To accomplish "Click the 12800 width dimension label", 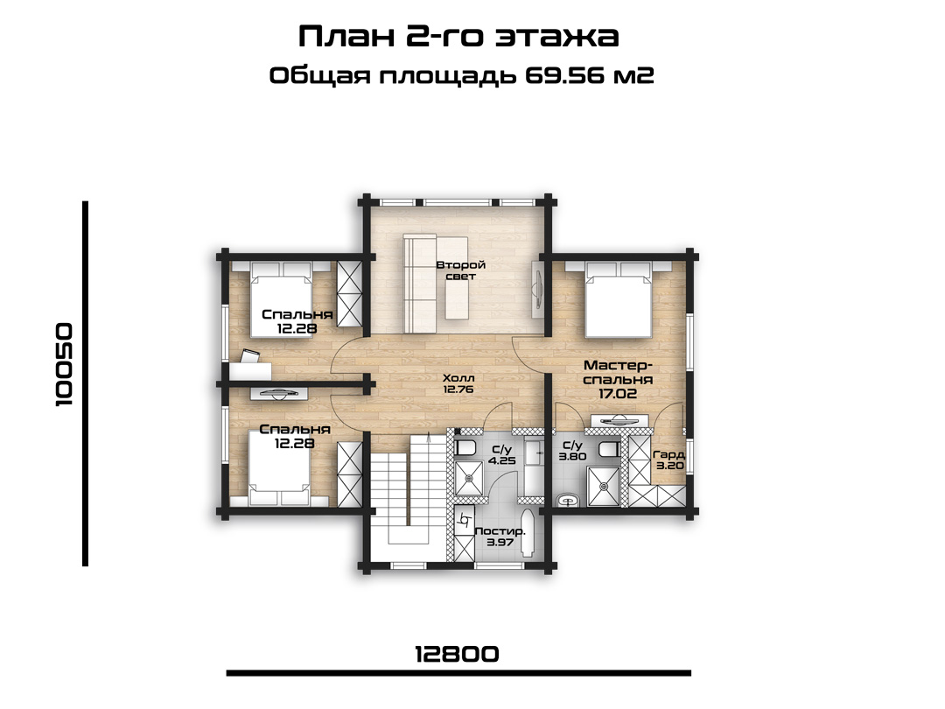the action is pos(457,654).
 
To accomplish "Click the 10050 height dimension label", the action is pos(64,365).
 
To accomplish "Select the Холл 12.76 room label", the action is pos(458,383).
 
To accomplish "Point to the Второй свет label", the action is pos(461,270).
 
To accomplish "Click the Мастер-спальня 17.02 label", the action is pos(618,380).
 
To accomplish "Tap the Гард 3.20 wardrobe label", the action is pos(669,460).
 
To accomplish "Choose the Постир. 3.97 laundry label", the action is pos(500,537).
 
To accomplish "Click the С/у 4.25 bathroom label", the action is pos(501,454).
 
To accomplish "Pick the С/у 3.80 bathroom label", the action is pos(572,451).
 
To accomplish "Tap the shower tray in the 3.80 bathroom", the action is pos(604,485).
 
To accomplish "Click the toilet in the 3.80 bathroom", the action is pos(609,449).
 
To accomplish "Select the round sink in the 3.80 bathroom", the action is pos(566,501).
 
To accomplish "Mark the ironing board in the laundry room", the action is pos(528,535).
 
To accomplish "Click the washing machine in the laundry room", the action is pos(464,520).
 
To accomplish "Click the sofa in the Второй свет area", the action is pos(419,284).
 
